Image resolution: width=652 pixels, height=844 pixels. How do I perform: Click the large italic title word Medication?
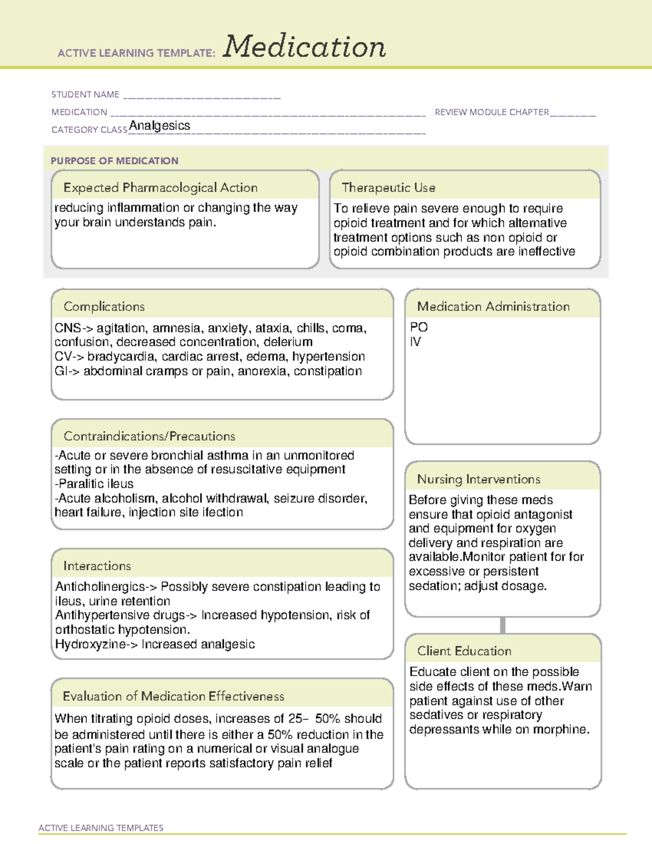[x=304, y=47]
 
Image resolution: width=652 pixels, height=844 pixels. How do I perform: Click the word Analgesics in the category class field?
[x=160, y=126]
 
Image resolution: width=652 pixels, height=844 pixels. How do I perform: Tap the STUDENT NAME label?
[x=85, y=95]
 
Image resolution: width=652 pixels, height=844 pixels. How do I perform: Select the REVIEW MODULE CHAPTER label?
[x=492, y=112]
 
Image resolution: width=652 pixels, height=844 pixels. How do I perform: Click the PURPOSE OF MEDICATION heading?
[x=114, y=161]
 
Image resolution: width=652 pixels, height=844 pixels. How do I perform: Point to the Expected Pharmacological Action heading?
[x=160, y=187]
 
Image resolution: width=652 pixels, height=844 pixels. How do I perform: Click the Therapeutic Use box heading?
[x=388, y=187]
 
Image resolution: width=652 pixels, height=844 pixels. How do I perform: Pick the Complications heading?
[x=104, y=307]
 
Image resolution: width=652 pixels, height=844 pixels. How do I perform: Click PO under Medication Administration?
[x=419, y=327]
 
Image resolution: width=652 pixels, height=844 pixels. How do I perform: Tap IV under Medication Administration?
[x=416, y=342]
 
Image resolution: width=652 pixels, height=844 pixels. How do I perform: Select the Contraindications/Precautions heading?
[x=149, y=436]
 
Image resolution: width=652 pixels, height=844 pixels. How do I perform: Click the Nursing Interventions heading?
[x=478, y=479]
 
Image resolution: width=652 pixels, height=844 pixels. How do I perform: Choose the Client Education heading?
[x=464, y=651]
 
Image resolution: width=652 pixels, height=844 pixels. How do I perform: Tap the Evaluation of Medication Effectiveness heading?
[x=173, y=696]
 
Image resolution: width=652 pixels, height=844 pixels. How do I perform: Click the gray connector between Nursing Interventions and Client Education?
[x=503, y=625]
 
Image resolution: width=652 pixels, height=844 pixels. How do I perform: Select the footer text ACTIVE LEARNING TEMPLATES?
[x=101, y=828]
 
